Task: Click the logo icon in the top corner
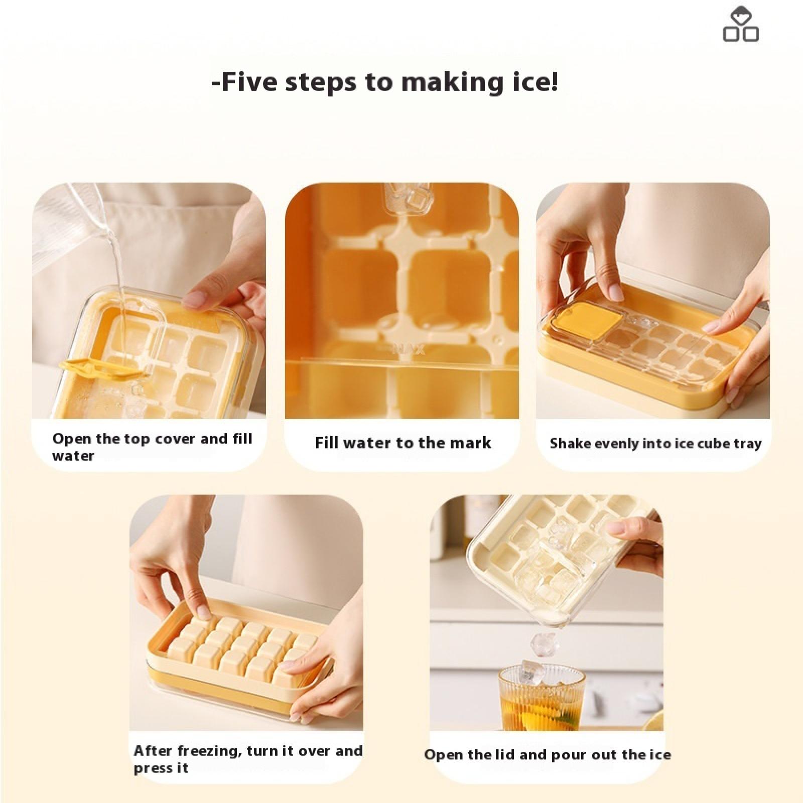pyautogui.click(x=740, y=24)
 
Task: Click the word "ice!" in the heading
pyautogui.click(x=531, y=82)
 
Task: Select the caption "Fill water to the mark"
pyautogui.click(x=403, y=443)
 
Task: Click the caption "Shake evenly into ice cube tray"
pyautogui.click(x=655, y=444)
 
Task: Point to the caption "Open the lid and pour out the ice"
pyautogui.click(x=547, y=755)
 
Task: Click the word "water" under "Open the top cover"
pyautogui.click(x=73, y=456)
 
